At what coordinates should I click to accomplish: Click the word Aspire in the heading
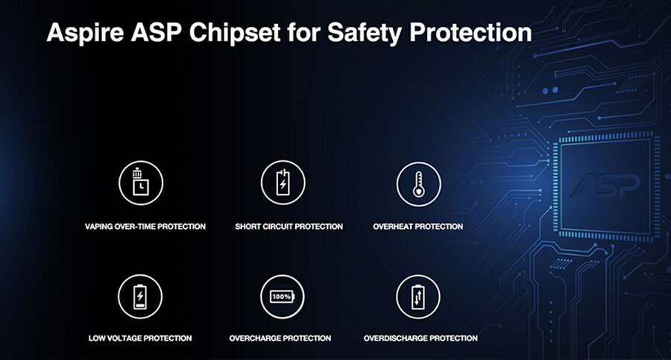click(85, 33)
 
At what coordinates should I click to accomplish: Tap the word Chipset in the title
click(235, 33)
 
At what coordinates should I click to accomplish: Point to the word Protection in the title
click(470, 32)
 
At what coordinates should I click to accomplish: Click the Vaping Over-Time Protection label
click(145, 227)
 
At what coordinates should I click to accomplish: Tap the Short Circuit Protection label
click(289, 227)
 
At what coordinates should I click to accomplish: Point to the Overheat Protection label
click(418, 227)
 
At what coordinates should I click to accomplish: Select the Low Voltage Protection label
click(140, 338)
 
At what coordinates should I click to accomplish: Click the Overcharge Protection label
click(280, 338)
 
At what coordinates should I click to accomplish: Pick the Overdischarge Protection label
click(420, 338)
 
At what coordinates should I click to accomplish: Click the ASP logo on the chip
click(605, 186)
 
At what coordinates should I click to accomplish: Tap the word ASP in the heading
click(157, 32)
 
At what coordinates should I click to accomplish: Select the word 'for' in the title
click(304, 32)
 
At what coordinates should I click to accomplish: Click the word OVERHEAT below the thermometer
click(392, 227)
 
